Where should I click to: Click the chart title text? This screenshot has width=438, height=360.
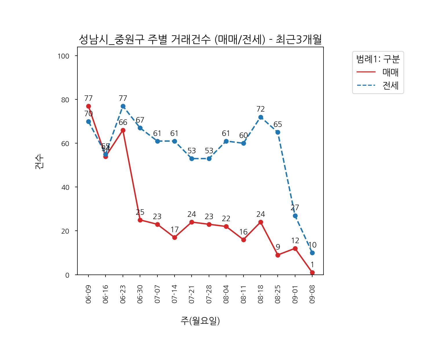click(x=200, y=40)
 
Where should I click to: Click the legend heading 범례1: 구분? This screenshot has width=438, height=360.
click(x=378, y=59)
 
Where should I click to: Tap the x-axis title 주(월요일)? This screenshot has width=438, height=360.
click(x=200, y=321)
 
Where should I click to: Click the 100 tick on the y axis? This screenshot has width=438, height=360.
click(x=63, y=56)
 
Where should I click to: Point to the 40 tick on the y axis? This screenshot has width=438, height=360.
click(x=65, y=187)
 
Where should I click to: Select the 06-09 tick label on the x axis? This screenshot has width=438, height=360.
click(x=88, y=294)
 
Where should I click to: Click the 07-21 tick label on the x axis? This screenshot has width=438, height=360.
click(x=192, y=294)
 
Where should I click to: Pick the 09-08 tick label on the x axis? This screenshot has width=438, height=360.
click(x=312, y=294)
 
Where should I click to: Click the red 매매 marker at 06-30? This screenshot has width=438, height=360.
click(x=140, y=220)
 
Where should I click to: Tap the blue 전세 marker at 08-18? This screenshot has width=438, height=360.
click(x=261, y=117)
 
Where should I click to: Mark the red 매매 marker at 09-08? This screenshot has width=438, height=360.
click(x=312, y=272)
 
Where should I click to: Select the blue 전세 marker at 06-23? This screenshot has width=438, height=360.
click(x=123, y=106)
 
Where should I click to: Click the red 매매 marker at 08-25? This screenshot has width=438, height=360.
click(x=278, y=255)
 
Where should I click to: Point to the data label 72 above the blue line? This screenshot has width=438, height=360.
click(x=261, y=109)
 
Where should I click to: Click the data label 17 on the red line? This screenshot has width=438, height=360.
click(x=175, y=230)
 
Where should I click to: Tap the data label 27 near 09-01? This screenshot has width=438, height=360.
click(x=295, y=208)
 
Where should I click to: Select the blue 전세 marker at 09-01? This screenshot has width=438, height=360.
click(x=295, y=216)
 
